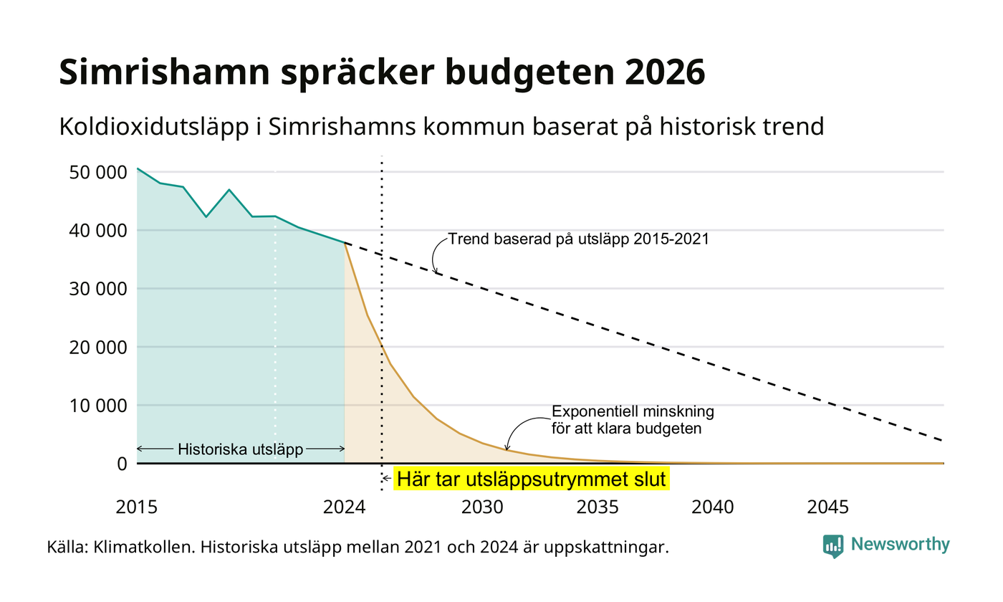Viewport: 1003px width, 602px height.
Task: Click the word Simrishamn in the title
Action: click(x=164, y=72)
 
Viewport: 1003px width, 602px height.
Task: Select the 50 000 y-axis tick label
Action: click(x=98, y=173)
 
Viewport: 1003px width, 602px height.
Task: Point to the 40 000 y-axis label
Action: click(x=98, y=231)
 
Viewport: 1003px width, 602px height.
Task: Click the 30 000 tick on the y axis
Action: click(x=98, y=289)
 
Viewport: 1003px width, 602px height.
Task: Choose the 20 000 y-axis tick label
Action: click(x=98, y=347)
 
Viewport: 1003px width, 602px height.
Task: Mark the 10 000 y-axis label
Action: click(x=98, y=406)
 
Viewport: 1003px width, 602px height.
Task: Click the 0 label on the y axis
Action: click(x=123, y=464)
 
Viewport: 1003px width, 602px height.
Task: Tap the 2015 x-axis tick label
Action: click(x=137, y=507)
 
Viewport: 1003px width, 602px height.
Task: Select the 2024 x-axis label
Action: click(x=345, y=507)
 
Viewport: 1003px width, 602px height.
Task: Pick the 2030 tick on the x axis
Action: click(x=483, y=507)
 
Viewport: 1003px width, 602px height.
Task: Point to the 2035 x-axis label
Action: click(x=598, y=507)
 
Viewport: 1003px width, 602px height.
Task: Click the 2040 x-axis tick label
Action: click(x=713, y=507)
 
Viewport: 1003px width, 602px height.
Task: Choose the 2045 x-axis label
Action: click(x=828, y=507)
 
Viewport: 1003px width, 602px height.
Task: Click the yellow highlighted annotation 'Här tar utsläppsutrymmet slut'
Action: click(x=532, y=479)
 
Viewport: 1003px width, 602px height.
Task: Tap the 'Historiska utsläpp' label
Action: click(x=241, y=449)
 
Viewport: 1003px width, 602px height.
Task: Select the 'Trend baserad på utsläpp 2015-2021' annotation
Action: click(x=579, y=239)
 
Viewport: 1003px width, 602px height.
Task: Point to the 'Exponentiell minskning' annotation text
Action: click(x=633, y=411)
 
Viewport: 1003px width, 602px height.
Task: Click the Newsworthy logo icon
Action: click(x=832, y=546)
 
